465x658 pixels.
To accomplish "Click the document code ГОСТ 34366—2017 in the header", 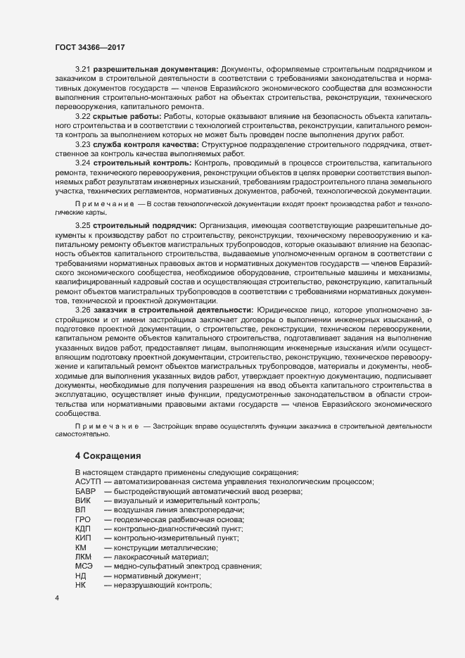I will point(91,48).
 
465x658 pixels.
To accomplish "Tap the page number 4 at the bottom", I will point(57,598).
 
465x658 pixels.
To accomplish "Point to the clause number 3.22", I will point(83,115).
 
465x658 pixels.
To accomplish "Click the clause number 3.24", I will point(83,163).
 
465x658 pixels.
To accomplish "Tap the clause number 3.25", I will point(83,226).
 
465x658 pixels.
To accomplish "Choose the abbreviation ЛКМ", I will point(83,557).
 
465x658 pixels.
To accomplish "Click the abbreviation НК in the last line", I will point(80,585).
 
